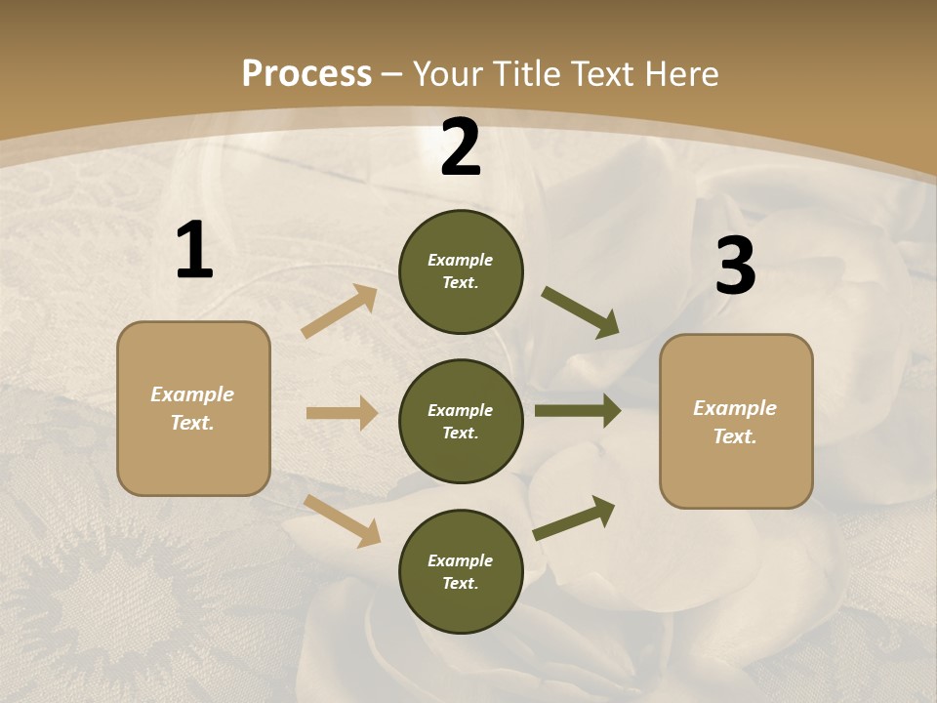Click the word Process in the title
306,74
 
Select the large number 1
194,250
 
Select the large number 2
461,147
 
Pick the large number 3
735,266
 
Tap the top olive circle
461,271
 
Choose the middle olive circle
461,421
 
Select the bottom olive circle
461,571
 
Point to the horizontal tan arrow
342,413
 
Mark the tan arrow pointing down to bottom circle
343,520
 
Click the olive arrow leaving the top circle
581,312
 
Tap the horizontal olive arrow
578,411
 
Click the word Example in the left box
192,394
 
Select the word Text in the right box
734,436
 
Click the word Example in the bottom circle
460,560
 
